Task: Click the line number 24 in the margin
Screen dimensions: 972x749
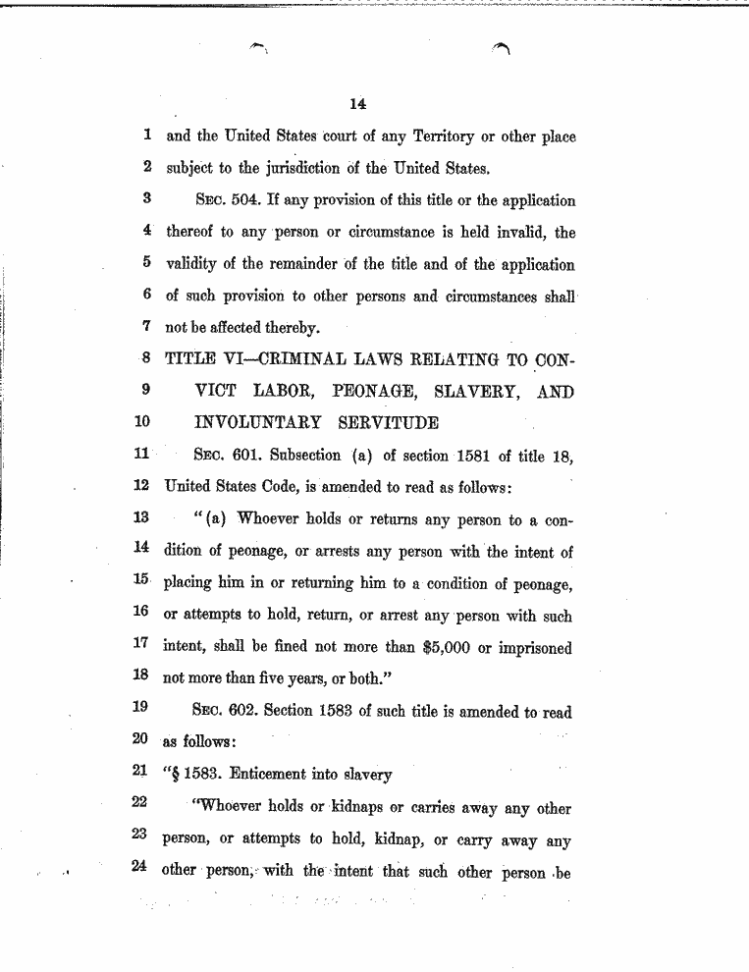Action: [x=139, y=870]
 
